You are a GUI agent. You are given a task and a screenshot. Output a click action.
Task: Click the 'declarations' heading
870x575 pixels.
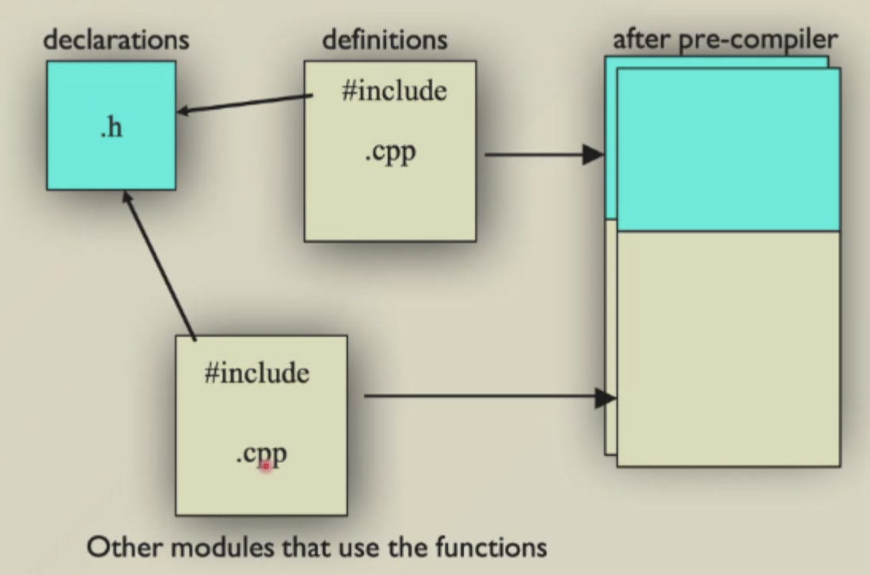click(x=116, y=40)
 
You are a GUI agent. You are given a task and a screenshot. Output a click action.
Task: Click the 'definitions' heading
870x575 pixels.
click(x=384, y=40)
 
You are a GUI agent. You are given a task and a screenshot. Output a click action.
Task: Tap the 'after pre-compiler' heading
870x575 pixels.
click(x=725, y=40)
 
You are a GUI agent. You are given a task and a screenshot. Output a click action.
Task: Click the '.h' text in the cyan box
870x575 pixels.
click(x=111, y=127)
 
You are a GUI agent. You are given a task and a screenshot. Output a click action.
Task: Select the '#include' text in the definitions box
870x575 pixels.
click(x=394, y=91)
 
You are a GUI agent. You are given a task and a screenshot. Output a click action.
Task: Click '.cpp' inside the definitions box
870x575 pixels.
click(x=390, y=152)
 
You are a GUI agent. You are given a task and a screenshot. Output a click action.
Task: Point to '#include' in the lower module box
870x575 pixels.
click(x=257, y=372)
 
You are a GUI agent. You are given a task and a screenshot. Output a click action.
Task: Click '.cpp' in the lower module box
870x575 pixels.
click(x=261, y=455)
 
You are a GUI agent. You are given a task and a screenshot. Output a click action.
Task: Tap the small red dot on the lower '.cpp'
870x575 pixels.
click(x=265, y=465)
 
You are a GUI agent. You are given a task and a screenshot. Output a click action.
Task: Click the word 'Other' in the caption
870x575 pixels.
click(x=125, y=547)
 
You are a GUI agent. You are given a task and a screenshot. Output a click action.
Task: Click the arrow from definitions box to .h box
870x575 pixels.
click(x=244, y=104)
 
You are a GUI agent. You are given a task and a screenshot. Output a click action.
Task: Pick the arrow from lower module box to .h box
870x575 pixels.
click(x=160, y=265)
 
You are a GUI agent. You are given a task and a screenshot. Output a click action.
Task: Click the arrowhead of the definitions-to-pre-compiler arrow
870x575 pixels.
click(x=594, y=154)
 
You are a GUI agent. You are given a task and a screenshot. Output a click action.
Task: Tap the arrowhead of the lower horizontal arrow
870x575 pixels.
click(x=606, y=397)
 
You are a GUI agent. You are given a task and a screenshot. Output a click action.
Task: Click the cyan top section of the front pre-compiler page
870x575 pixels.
click(x=729, y=149)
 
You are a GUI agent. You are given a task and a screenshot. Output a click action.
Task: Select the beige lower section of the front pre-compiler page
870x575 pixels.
click(x=729, y=349)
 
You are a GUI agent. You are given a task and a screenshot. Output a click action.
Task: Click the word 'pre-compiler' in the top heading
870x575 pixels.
click(x=758, y=41)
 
